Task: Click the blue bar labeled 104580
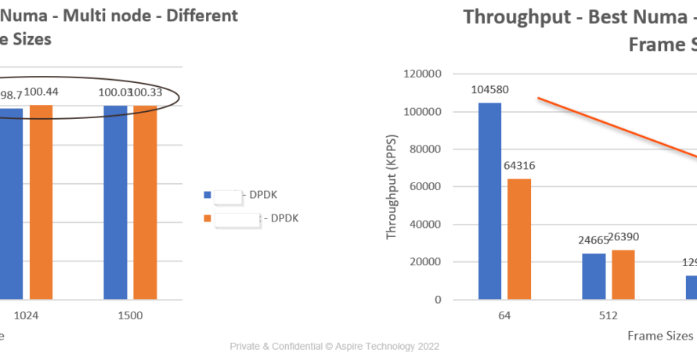(489, 201)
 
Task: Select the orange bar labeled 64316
(519, 239)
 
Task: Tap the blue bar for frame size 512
(594, 276)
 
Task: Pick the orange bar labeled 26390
(623, 275)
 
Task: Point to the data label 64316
(519, 165)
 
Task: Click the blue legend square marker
(207, 194)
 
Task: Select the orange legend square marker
(207, 219)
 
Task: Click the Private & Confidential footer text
(334, 346)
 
